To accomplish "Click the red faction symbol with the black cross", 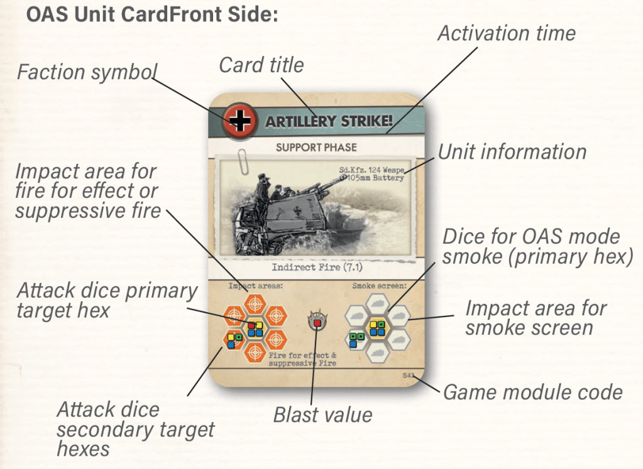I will point(239,120).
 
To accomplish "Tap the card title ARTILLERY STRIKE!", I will point(329,121).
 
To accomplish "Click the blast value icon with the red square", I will point(317,322).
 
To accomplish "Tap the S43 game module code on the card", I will point(409,375).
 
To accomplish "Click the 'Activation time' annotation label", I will point(506,33).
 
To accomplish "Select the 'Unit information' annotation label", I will point(512,151).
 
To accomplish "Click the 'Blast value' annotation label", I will point(322,414).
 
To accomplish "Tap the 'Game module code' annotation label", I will point(533,392).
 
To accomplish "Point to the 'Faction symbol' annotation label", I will point(87,72).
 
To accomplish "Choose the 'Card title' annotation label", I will point(261,64).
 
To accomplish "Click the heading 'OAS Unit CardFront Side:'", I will point(151,14).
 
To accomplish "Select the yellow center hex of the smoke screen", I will point(377,327).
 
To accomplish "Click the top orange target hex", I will point(255,303).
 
